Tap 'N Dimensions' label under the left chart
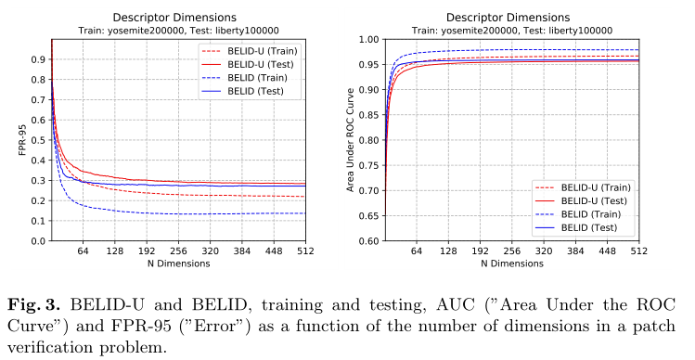tap(178, 264)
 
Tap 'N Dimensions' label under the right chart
tap(512, 264)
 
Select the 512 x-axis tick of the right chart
tap(638, 251)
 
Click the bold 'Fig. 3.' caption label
tap(36, 305)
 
